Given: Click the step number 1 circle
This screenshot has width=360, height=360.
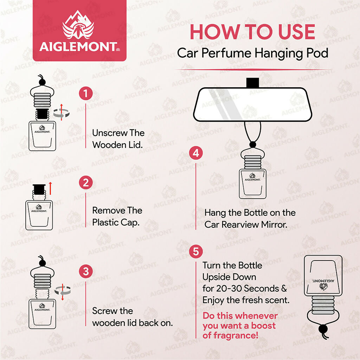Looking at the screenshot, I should (86, 94).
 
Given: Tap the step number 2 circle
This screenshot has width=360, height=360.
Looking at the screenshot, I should (86, 183).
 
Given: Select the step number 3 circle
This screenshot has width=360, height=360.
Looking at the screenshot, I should (86, 272).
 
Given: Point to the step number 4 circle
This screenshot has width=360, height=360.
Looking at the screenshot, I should (196, 153).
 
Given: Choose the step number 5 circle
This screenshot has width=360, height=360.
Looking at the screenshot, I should (196, 251).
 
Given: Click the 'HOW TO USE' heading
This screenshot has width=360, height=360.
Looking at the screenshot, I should (252, 32).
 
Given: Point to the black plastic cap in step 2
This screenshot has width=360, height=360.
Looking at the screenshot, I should (38, 190).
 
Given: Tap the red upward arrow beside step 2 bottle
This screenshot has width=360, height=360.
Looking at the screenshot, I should (50, 188).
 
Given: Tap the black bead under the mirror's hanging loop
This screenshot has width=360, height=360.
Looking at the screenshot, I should (252, 144).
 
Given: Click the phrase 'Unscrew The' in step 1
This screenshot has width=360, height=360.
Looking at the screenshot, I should (118, 133).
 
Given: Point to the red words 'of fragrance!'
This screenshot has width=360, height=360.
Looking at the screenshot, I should (230, 335).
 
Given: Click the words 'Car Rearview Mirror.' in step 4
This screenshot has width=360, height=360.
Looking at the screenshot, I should (246, 224).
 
